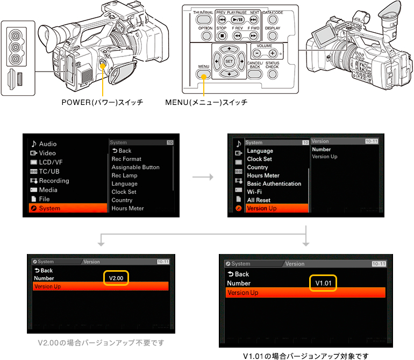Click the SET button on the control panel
pos(229,61)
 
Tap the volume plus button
pos(273,54)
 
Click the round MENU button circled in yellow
pos(203,75)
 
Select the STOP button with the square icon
pos(222,36)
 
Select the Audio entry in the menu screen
pos(47,144)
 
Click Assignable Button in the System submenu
pos(135,167)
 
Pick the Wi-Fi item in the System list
pos(254,192)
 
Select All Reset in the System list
pos(259,200)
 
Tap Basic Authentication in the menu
pos(274,183)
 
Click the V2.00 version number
pos(116,278)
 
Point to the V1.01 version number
pos(323,283)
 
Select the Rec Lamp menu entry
pos(124,175)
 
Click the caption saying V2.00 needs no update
pos(101,343)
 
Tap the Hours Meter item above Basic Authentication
pos(263,175)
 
